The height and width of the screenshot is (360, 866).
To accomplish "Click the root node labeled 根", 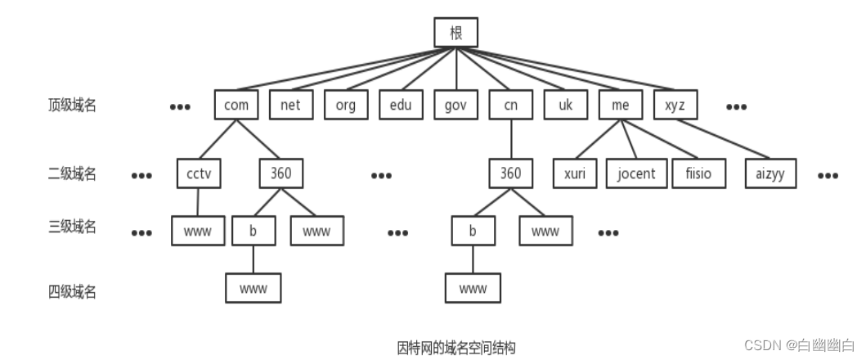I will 455,32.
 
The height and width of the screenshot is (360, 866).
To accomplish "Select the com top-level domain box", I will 236,105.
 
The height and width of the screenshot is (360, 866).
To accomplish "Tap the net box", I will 290,105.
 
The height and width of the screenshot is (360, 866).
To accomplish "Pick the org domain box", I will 345,105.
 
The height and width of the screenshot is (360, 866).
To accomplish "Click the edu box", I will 400,105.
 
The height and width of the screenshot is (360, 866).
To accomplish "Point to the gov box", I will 455,105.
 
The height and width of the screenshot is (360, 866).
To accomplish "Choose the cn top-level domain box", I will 510,105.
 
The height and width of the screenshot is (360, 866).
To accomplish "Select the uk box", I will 565,105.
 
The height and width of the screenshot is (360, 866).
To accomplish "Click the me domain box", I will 620,105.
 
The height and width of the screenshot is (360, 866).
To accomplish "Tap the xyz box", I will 675,105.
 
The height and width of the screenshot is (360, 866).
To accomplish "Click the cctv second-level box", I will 199,173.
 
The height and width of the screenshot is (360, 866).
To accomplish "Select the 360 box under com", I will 280,173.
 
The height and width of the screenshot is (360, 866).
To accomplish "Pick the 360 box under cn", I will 510,173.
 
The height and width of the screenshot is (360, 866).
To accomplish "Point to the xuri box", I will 575,173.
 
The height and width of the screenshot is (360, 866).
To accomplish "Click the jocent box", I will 636,173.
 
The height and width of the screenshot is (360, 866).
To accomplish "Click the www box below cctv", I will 197,231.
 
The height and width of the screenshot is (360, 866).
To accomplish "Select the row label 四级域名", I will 71,290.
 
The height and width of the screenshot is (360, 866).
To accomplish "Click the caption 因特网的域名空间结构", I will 456,347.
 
